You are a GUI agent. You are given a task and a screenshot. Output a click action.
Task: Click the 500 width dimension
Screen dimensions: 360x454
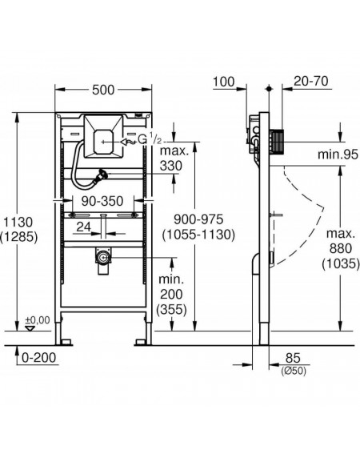[103, 90]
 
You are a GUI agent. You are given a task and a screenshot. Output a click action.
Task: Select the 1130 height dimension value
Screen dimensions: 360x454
[18, 223]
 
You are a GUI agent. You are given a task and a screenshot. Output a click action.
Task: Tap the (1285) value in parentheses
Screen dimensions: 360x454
[19, 237]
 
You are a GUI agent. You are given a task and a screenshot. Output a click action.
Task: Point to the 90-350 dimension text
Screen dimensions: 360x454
[102, 201]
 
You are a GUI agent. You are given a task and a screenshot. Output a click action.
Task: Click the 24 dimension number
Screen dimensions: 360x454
[84, 227]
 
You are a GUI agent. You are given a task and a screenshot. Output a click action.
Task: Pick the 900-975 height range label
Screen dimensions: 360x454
[198, 219]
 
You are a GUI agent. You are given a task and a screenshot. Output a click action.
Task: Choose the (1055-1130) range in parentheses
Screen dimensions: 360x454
[198, 235]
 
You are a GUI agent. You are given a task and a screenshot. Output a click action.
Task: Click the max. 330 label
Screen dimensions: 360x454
[174, 159]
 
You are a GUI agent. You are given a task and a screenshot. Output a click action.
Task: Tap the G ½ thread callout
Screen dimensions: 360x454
[150, 140]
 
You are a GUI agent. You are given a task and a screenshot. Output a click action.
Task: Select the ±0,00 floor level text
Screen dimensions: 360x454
[38, 320]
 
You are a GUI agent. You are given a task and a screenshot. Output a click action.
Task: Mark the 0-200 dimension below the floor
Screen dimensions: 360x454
[38, 358]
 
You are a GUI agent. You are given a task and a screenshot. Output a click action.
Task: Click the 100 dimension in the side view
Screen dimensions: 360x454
[224, 82]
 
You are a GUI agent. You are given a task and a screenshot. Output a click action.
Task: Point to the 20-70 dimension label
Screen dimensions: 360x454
[311, 81]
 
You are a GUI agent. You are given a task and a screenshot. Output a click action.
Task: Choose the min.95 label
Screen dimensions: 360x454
[338, 155]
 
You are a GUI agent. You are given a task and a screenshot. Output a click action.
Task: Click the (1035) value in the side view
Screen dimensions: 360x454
[340, 263]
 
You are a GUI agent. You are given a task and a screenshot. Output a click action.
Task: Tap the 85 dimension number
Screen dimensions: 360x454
[293, 358]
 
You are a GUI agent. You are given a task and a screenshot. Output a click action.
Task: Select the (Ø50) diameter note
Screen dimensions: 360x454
[293, 371]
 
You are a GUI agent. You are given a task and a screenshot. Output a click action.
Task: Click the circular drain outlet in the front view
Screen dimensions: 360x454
[102, 257]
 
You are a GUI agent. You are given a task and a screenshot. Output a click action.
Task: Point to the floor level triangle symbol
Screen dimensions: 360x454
[30, 328]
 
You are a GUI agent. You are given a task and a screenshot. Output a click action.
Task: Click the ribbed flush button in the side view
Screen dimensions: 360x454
[278, 141]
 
